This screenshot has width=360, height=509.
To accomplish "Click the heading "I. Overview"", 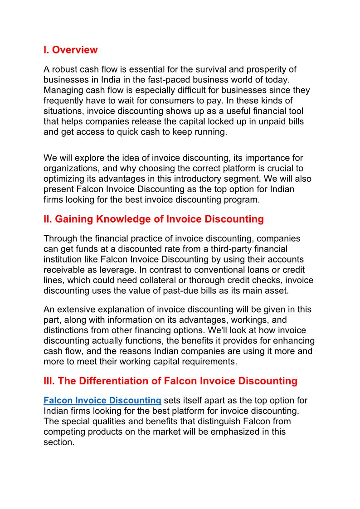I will [70, 50].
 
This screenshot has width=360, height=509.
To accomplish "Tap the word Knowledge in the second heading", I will [138, 219].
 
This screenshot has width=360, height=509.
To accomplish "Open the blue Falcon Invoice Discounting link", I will [102, 401].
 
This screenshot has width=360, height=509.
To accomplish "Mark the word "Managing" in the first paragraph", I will [63, 91].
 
